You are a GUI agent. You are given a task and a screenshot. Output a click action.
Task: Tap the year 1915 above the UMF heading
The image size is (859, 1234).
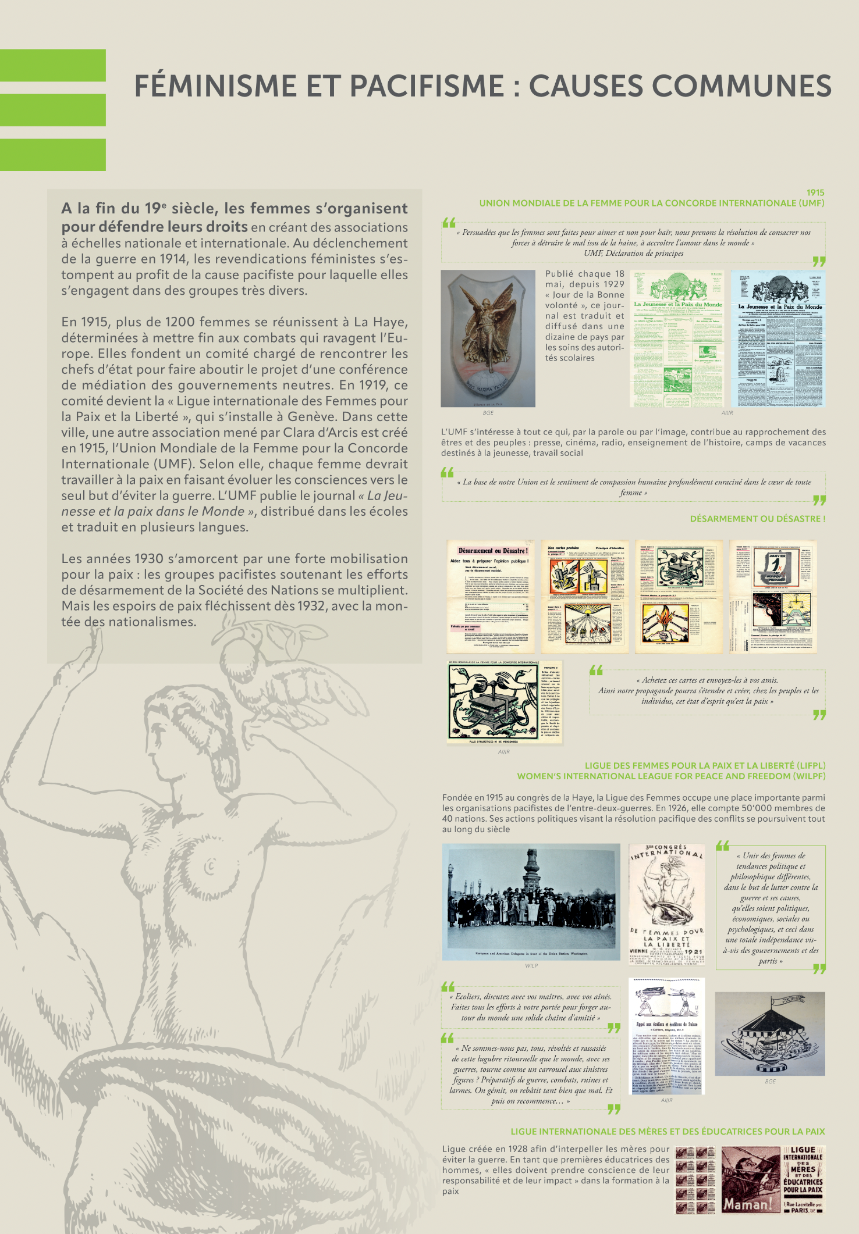point(815,192)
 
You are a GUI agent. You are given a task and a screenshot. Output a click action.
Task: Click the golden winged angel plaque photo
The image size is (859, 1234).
point(488,338)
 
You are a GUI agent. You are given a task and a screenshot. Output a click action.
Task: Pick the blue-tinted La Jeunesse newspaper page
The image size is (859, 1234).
point(778,338)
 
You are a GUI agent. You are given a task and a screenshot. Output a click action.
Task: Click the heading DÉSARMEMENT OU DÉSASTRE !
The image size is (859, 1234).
point(757,519)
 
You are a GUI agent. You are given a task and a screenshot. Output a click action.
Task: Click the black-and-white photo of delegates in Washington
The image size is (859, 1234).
point(531,901)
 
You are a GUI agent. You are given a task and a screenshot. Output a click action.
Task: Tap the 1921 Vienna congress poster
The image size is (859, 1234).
point(667,904)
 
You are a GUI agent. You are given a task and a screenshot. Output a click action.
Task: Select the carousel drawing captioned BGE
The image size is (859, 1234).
point(769,1033)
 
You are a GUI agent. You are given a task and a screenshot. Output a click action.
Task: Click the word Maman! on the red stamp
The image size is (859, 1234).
point(747,1204)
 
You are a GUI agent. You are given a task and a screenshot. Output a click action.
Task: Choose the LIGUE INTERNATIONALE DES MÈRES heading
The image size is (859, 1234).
point(668,1131)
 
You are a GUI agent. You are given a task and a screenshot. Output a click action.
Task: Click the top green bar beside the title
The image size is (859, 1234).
point(52,65)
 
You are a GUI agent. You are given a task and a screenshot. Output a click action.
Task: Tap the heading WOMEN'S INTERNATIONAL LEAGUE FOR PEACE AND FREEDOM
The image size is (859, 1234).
point(671,776)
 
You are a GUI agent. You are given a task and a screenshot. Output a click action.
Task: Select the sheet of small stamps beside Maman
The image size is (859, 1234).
point(695,1180)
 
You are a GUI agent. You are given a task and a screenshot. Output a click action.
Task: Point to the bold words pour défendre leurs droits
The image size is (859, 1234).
point(155,227)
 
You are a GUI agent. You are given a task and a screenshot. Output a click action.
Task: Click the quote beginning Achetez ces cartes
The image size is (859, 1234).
point(707,691)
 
